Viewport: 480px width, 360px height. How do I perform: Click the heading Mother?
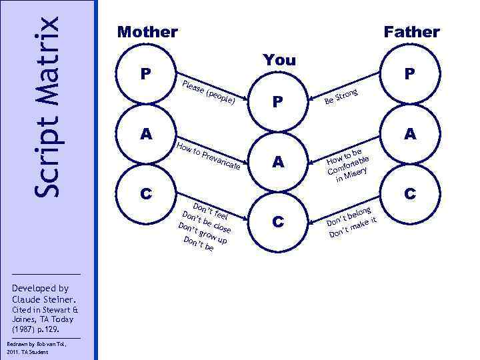147,31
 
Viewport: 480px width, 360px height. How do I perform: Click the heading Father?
411,31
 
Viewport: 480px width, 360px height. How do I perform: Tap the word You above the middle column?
279,60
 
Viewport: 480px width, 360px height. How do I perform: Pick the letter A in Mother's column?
145,134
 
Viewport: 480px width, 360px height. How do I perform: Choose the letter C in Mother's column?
145,194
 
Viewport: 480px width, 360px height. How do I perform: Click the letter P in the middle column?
280,101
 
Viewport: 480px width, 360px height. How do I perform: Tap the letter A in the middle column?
280,161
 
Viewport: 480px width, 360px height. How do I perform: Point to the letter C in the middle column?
280,221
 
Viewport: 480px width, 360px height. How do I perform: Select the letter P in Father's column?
409,74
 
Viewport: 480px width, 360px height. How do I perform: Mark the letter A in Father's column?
409,134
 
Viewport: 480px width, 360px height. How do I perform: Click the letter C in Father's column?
409,194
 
